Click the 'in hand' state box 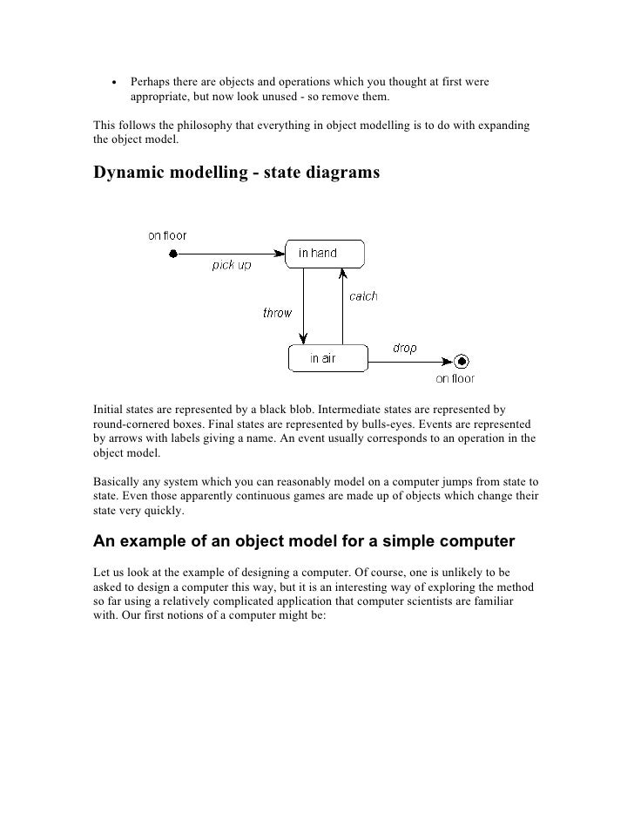click(324, 254)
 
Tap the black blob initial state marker click(173, 254)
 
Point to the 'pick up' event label click(232, 266)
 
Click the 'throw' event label click(277, 313)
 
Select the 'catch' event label click(363, 296)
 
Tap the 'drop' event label click(404, 348)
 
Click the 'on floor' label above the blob click(167, 235)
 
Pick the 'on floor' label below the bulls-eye click(455, 378)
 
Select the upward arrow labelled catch click(342, 305)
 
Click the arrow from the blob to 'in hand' click(231, 254)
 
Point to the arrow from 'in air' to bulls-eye click(409, 360)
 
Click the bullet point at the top click(113, 84)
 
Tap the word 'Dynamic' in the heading click(131, 173)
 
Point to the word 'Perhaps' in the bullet click(152, 82)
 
